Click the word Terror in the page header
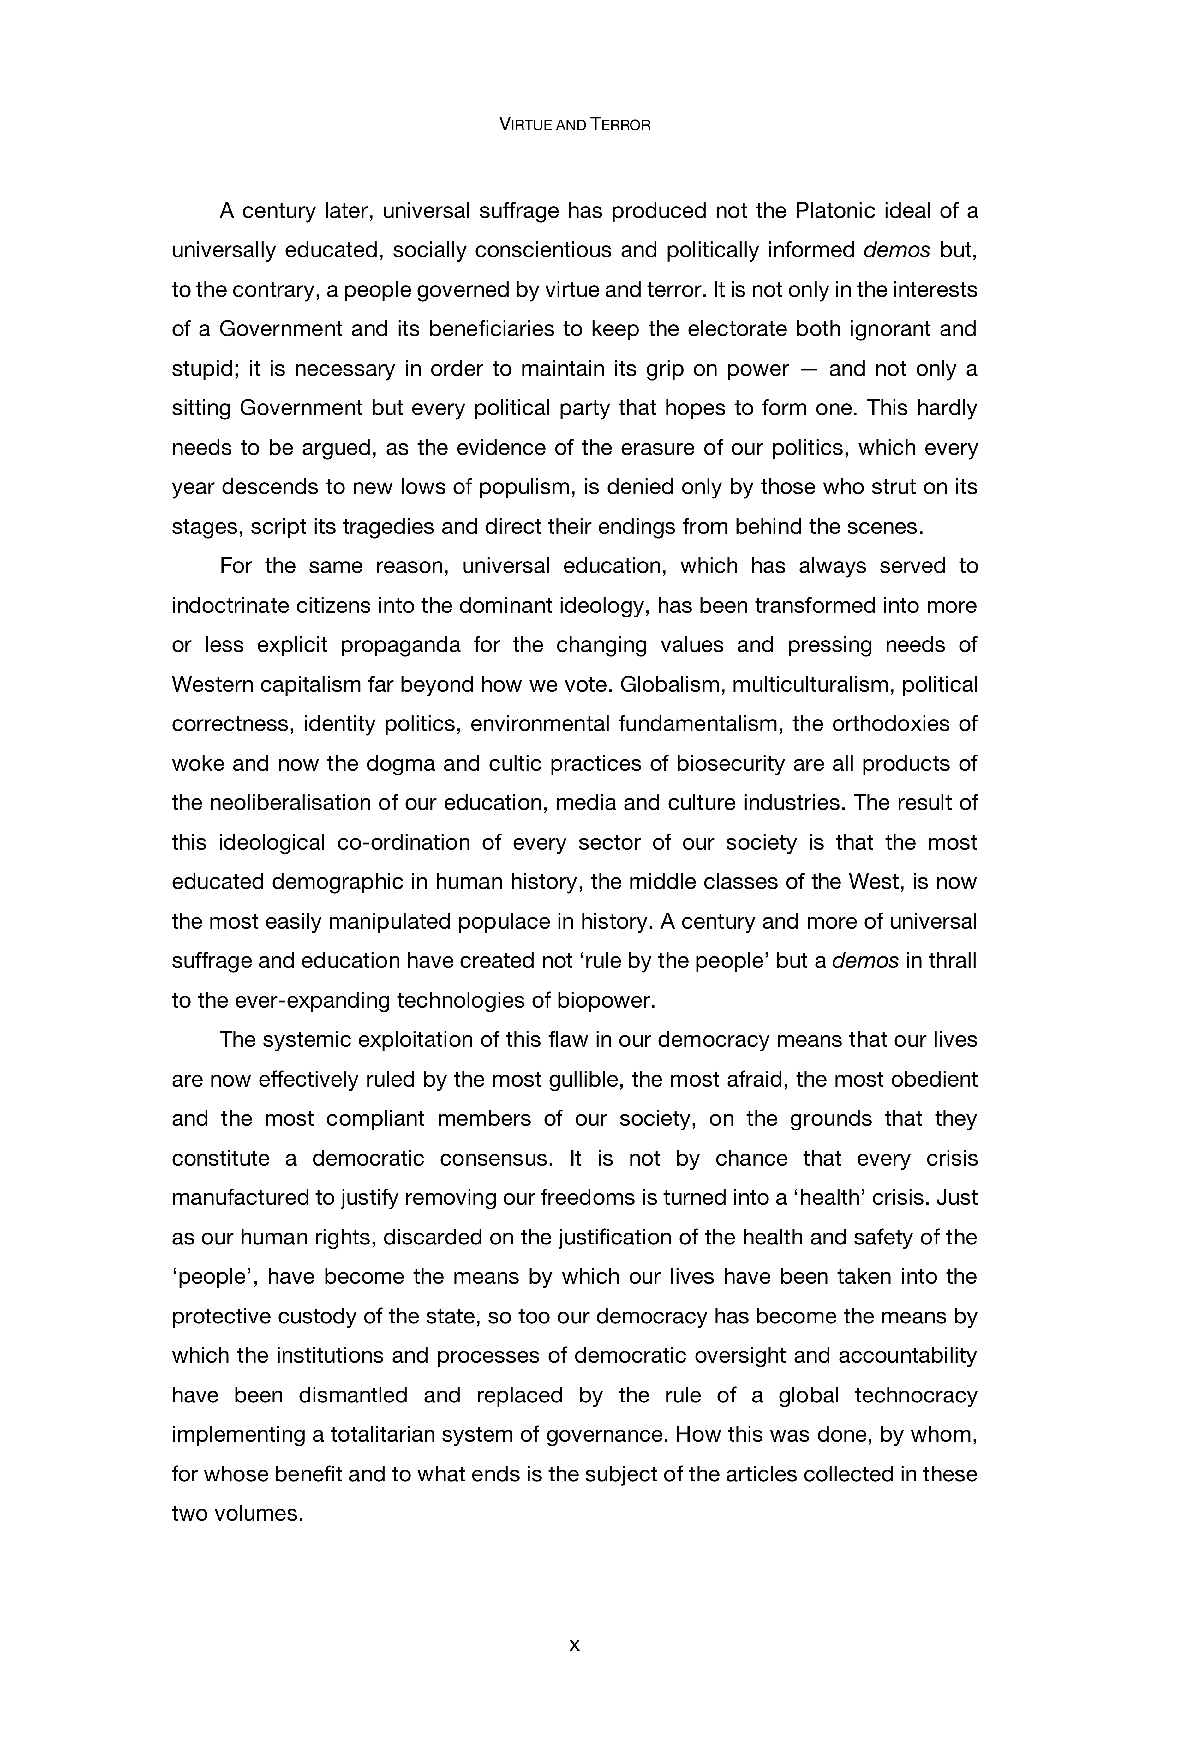(x=621, y=125)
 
